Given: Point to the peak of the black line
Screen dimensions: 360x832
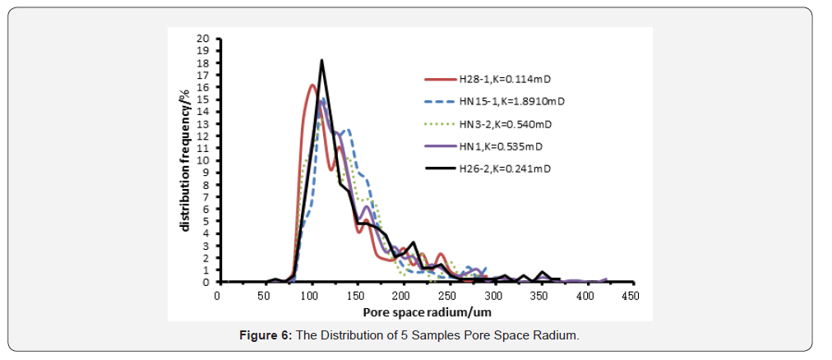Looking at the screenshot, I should (x=321, y=60).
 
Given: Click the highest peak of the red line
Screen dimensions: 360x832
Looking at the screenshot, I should (x=312, y=85).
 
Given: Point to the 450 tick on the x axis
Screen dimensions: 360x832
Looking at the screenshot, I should (x=630, y=295).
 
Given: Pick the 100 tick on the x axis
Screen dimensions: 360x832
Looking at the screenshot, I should (x=309, y=295).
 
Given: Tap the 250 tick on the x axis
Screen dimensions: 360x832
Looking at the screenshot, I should (x=446, y=295).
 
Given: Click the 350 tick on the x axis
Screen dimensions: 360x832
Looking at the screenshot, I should (x=538, y=295).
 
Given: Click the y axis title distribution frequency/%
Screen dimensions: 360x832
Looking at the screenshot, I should (x=185, y=160).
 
